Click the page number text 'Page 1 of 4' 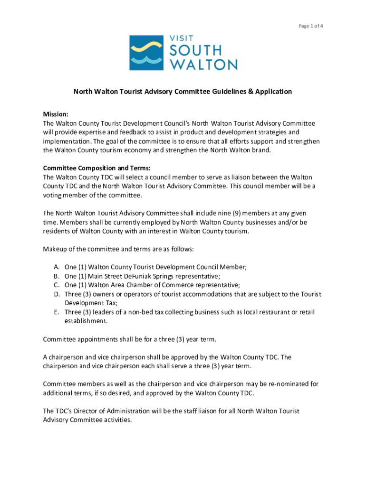311,26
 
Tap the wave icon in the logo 146,52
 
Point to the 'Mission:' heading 56,114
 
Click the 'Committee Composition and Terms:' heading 96,168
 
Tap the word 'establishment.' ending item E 86,321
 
